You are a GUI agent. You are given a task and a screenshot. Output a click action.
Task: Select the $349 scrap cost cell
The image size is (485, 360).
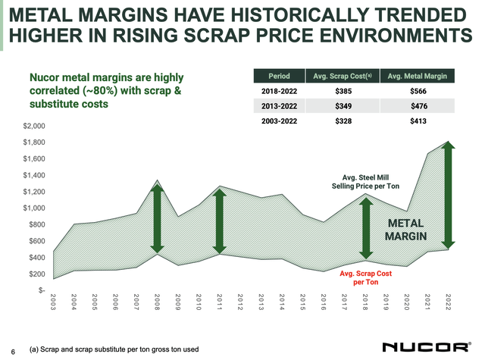tap(347, 107)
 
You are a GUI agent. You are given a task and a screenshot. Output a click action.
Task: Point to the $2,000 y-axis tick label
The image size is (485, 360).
tap(34, 126)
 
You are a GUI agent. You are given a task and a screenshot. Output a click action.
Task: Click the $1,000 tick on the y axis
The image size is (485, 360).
tap(34, 208)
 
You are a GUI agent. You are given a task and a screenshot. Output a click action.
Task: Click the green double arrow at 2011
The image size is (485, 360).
tap(219, 220)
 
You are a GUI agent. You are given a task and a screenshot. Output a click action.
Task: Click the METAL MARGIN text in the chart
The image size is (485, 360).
tap(410, 232)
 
